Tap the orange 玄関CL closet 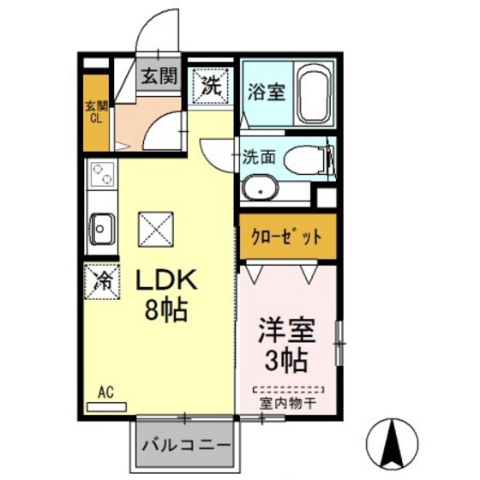96,114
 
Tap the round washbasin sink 258,189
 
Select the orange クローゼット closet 286,236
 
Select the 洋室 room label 283,330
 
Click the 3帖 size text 284,360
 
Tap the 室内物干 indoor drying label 286,400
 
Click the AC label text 105,393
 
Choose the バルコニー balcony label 184,447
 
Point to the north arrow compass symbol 393,445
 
